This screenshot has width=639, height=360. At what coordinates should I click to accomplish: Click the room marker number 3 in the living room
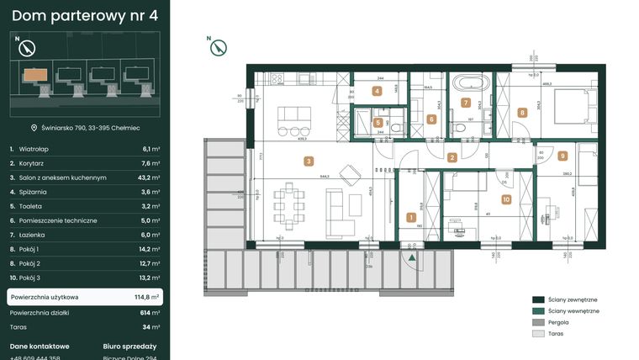point(309,161)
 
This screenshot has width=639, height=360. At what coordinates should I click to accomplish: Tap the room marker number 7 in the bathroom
point(466,103)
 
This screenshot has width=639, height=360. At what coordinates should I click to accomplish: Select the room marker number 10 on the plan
point(505,199)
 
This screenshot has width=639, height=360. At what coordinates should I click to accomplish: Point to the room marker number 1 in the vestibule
point(410,217)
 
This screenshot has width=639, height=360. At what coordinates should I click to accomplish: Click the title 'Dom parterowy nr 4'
point(85,14)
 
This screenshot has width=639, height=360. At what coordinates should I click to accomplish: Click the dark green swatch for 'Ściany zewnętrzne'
point(538,299)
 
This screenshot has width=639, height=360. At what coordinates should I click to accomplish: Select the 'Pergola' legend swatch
point(538,322)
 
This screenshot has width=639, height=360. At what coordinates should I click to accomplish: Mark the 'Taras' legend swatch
point(538,333)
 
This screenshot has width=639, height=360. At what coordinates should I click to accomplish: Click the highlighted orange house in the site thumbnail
point(29,73)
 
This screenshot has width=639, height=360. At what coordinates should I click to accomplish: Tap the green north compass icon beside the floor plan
point(218,48)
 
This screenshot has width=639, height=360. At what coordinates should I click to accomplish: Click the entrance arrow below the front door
point(412,258)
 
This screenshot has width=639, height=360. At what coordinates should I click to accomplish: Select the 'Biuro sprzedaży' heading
point(129,346)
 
